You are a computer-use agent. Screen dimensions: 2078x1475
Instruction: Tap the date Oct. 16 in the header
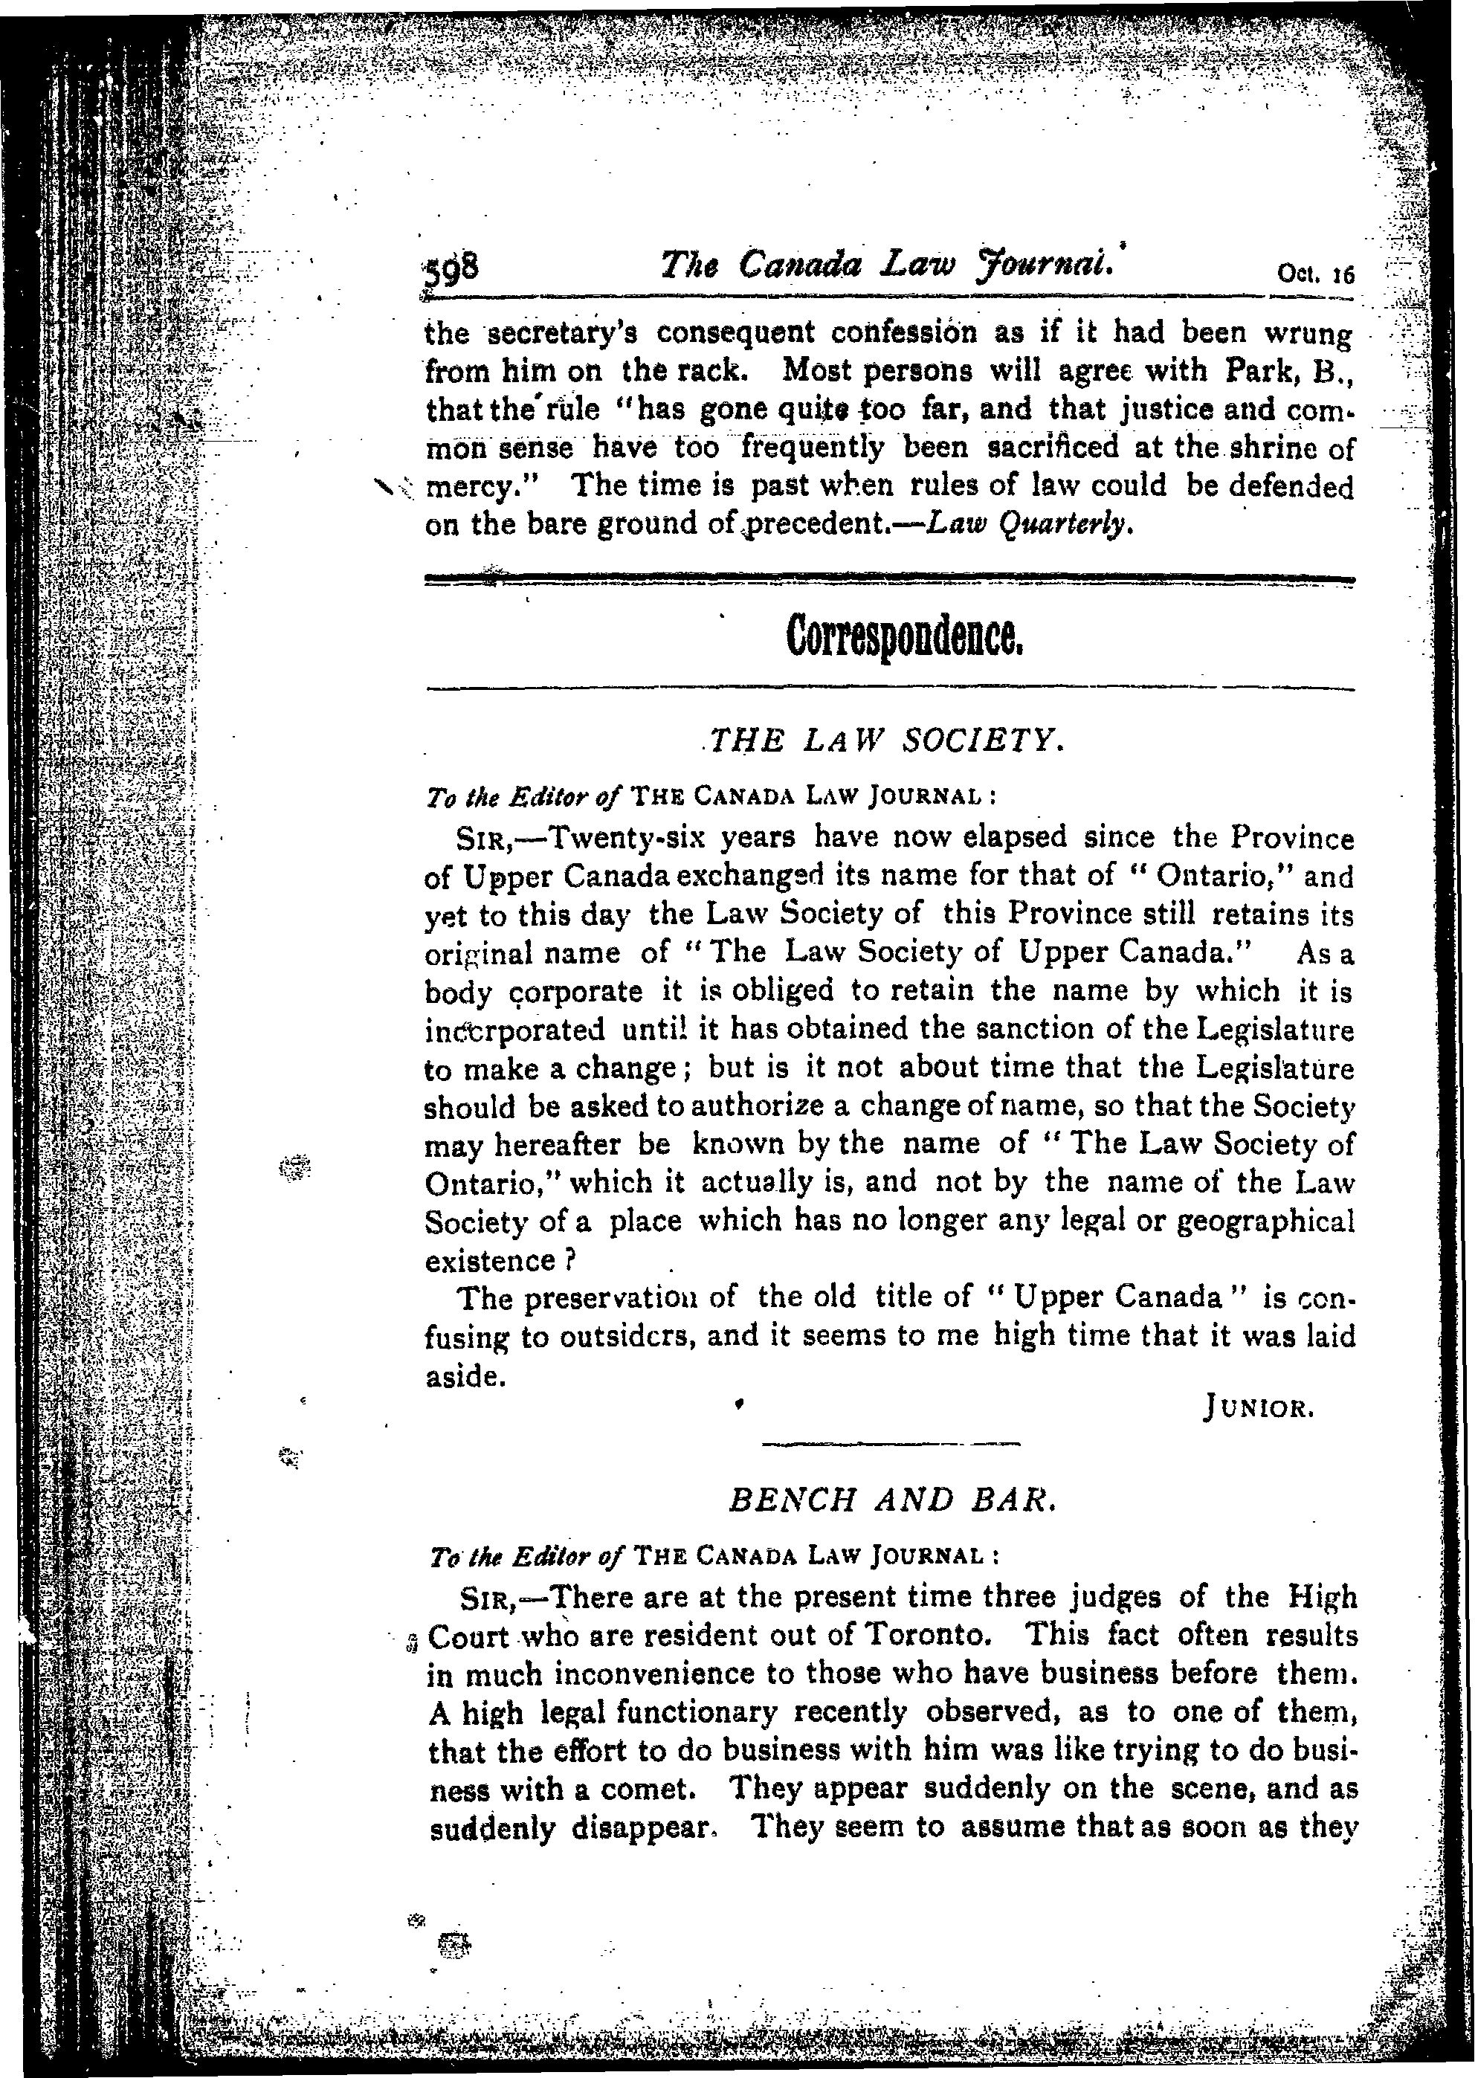(1314, 274)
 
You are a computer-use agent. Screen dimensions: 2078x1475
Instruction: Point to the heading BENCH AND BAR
(893, 1500)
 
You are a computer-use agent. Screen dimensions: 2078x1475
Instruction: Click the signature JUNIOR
(1258, 1410)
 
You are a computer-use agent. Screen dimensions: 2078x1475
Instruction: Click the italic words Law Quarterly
(1030, 524)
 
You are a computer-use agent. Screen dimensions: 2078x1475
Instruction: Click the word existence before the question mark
(489, 1261)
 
